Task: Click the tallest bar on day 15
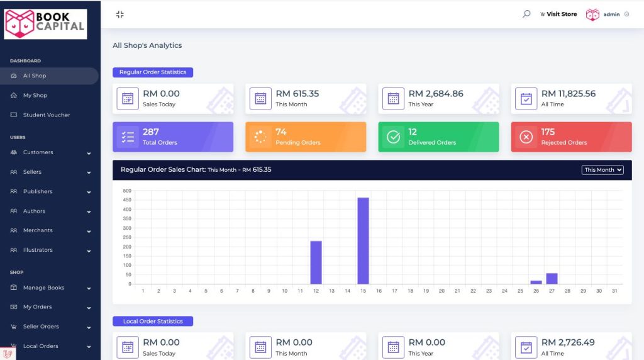click(x=363, y=241)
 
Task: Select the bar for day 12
click(x=316, y=262)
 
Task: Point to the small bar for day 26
click(x=536, y=283)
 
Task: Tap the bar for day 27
click(x=552, y=279)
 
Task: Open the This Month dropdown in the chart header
click(x=602, y=170)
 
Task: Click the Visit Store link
click(x=558, y=14)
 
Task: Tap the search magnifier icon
click(x=526, y=14)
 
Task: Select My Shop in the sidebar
click(x=35, y=95)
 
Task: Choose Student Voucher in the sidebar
click(x=47, y=115)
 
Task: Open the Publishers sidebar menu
click(x=38, y=191)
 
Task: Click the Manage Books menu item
click(x=43, y=288)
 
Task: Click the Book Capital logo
click(x=45, y=25)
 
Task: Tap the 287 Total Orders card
click(x=173, y=137)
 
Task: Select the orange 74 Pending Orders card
click(x=306, y=137)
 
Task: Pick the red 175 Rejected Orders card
click(x=571, y=137)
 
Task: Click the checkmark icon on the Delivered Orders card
click(x=394, y=137)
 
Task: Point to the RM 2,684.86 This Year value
click(x=436, y=94)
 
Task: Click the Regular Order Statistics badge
click(x=153, y=72)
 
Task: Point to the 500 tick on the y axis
click(x=127, y=191)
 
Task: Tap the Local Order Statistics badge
click(x=153, y=322)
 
